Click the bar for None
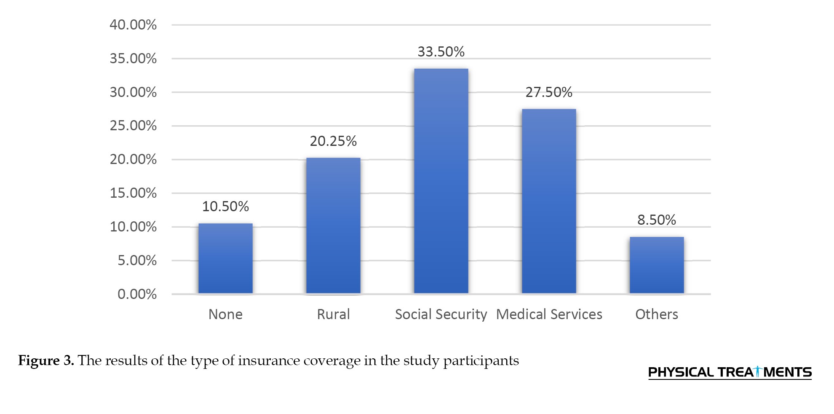tap(225, 258)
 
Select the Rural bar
tap(333, 226)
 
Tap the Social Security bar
tap(441, 181)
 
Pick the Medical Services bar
tap(549, 201)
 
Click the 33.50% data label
tap(441, 52)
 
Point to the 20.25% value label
tap(333, 141)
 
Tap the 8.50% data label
tap(657, 220)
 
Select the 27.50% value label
tap(549, 92)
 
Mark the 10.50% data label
tap(225, 207)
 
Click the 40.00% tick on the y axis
tap(133, 25)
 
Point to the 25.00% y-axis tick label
tap(133, 126)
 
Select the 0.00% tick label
tap(137, 294)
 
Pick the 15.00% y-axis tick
tap(133, 193)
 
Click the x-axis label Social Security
tap(441, 315)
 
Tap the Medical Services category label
tap(549, 315)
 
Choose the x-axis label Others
tap(657, 315)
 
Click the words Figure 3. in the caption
tap(46, 361)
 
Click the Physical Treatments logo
tap(730, 372)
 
